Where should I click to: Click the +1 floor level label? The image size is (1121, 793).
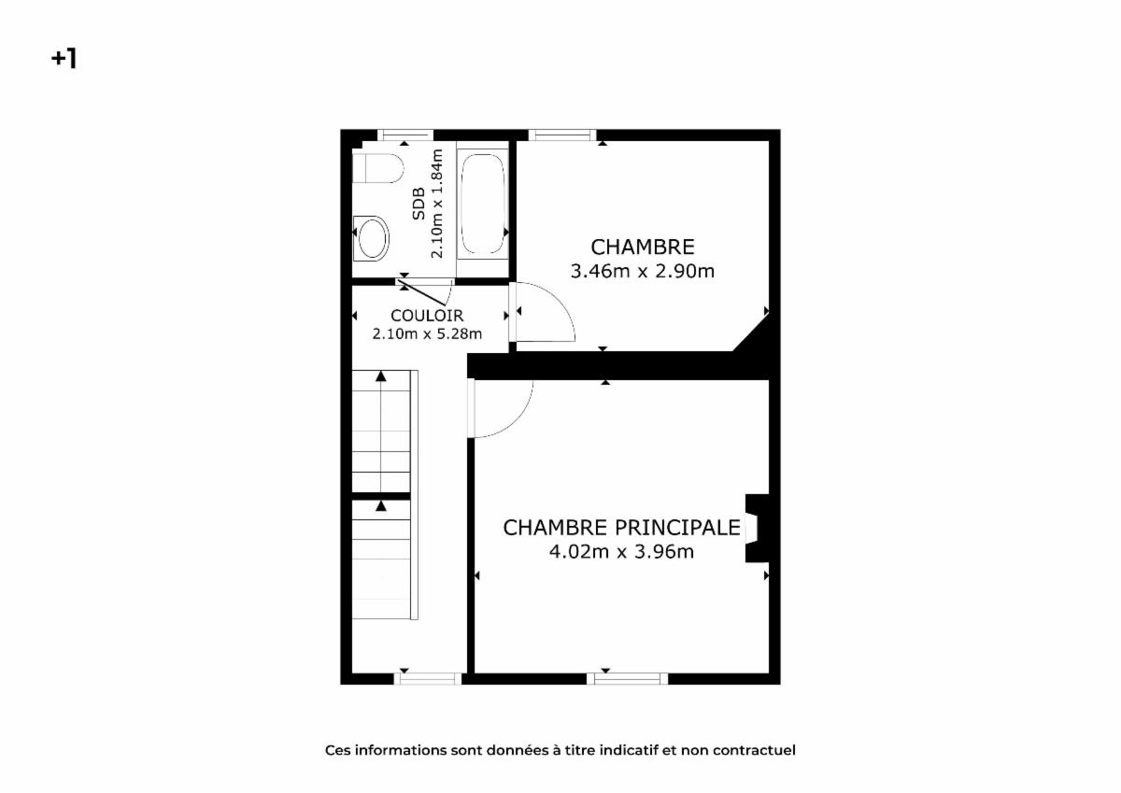pos(64,59)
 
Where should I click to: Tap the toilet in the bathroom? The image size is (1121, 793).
pos(377,168)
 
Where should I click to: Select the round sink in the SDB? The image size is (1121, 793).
pos(372,238)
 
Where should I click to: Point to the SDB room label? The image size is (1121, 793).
pos(419,204)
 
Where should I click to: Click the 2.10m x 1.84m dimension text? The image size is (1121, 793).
pos(437,204)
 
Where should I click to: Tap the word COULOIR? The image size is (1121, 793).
pos(427,316)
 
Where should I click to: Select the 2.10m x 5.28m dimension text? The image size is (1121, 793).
pos(427,333)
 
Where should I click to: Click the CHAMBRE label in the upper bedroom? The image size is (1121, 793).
pos(643,248)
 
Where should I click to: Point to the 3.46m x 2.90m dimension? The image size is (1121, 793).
pos(643,271)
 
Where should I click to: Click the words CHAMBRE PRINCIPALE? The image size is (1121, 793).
pos(621,528)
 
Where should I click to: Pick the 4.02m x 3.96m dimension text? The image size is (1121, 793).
pos(621,552)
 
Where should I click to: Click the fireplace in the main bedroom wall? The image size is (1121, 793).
pos(757,529)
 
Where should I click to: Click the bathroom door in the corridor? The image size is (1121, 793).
pos(422,293)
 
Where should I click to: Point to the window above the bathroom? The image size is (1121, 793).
pos(404,135)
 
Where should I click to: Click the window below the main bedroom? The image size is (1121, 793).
pos(627,678)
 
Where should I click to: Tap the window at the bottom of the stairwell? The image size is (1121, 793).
pos(428,678)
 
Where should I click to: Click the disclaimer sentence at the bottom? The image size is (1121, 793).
pos(560,750)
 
